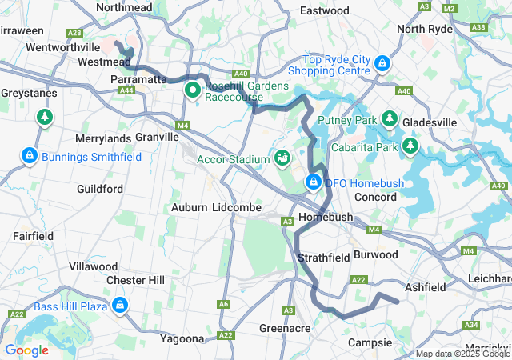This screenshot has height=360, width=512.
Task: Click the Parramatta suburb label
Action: (x=138, y=80)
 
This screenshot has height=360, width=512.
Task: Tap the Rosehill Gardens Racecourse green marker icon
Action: (x=192, y=90)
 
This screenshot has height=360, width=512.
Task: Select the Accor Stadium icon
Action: (x=282, y=158)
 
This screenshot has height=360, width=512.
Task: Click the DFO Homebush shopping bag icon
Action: (x=314, y=183)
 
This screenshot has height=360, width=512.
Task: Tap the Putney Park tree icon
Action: (x=390, y=119)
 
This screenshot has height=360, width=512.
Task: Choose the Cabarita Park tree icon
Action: (x=410, y=146)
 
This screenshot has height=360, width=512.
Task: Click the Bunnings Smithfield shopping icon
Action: (x=29, y=154)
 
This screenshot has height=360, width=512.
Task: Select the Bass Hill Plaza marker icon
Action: (x=120, y=306)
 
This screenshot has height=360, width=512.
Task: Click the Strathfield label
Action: (x=323, y=258)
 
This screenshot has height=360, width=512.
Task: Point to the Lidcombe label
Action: (x=238, y=207)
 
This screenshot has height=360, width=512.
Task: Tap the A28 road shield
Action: (x=74, y=33)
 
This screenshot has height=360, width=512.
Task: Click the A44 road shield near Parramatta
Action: (x=126, y=90)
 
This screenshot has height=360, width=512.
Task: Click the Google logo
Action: (x=26, y=350)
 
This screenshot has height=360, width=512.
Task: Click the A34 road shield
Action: (x=471, y=325)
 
